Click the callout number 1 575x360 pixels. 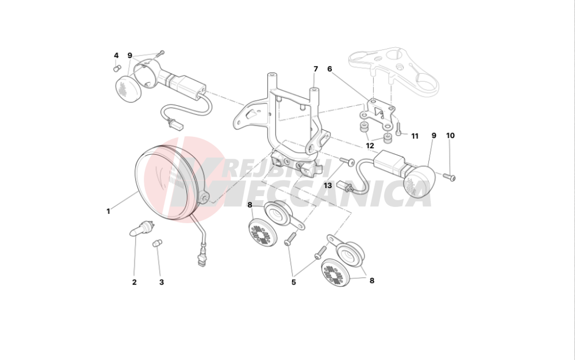tap(108, 212)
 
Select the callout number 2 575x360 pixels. tap(134, 282)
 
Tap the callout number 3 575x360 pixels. tap(162, 282)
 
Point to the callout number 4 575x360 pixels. tap(116, 56)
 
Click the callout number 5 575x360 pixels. tap(293, 282)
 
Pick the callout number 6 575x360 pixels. tap(329, 69)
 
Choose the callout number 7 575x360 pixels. tap(315, 69)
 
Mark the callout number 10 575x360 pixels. tap(450, 136)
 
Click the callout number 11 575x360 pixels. tap(415, 136)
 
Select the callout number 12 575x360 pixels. tap(370, 146)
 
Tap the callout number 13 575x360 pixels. tap(328, 186)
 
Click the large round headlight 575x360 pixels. tap(171, 183)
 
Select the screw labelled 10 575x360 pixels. tap(450, 177)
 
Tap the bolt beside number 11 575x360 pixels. tap(398, 129)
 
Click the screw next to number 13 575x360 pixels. tap(347, 160)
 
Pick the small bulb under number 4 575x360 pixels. tap(117, 68)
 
